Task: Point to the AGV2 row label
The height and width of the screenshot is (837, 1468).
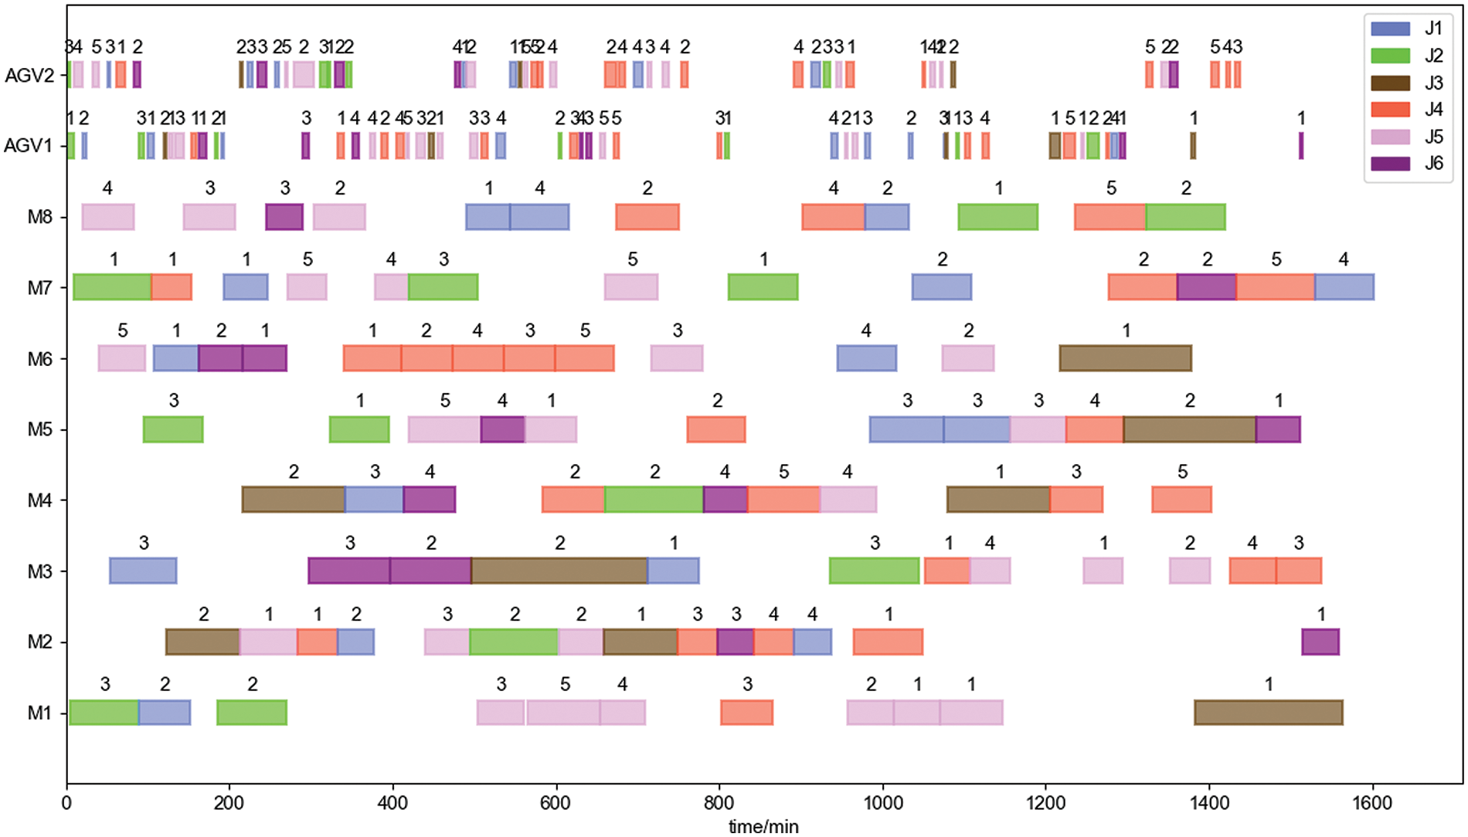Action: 29,76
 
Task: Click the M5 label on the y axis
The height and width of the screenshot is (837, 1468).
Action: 40,429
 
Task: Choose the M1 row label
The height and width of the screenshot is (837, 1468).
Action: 40,713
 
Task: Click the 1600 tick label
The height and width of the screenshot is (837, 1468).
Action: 1372,803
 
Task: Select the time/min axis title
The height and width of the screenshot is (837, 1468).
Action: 763,826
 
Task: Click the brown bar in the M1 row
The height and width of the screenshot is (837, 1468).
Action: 1269,713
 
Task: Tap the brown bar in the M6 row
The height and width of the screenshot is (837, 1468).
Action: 1125,358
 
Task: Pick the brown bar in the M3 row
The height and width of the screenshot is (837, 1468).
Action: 559,571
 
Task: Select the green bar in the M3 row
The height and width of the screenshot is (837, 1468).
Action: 875,571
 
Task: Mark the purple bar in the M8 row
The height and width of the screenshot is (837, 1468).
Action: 284,217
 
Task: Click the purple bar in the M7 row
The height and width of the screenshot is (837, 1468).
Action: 1206,287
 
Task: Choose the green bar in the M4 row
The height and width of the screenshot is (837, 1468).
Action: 654,500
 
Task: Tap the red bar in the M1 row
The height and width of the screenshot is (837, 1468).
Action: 746,713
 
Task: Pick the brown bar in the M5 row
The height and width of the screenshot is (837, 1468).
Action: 1189,429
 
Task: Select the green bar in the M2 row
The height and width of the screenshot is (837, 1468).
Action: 514,642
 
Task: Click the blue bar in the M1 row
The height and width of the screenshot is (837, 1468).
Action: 165,713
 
